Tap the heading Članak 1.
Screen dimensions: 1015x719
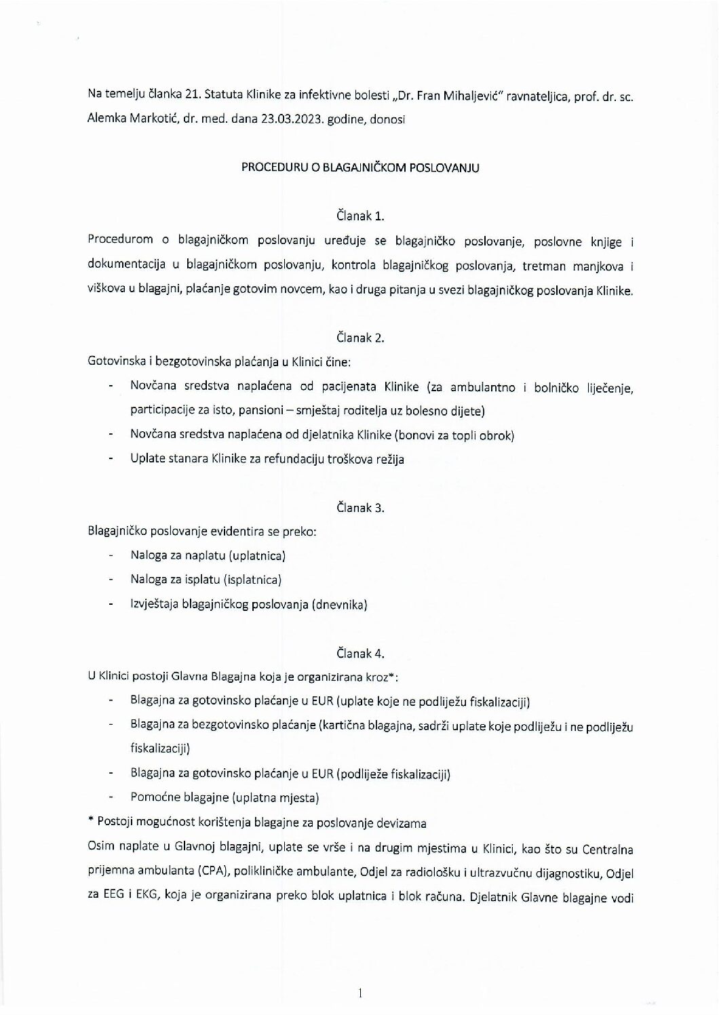[360, 216]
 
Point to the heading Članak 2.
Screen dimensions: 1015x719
[360, 337]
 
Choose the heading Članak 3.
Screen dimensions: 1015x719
[360, 507]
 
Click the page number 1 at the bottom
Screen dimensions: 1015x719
[360, 994]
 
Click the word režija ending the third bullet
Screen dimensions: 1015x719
[389, 460]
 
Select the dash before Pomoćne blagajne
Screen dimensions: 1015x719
[110, 798]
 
